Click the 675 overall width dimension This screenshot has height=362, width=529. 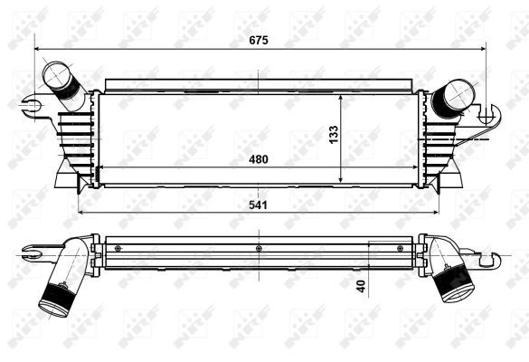260,40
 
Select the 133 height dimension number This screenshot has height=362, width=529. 333,133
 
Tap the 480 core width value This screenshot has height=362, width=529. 260,159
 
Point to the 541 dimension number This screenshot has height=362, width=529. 260,205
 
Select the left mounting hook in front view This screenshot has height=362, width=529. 33,106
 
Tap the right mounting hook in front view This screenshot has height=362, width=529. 488,116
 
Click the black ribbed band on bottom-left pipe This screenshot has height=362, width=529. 61,296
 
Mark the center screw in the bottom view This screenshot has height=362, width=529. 259,247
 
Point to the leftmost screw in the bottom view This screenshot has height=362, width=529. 117,247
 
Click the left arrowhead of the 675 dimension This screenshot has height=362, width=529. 38,48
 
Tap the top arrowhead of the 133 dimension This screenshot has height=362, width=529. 340,95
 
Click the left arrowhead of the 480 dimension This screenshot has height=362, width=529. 99,168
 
